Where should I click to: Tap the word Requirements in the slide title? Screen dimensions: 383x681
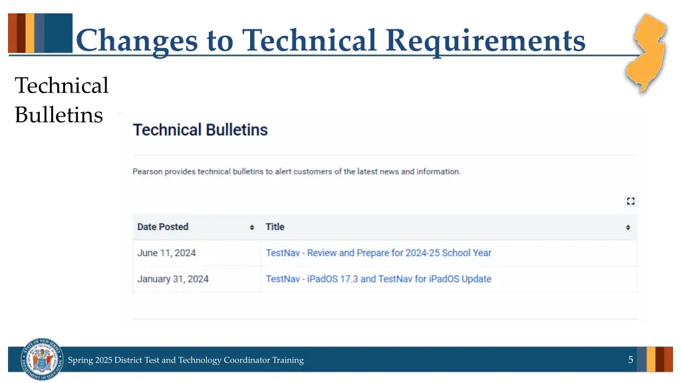coord(485,40)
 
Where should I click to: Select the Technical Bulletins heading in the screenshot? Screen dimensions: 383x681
coord(200,130)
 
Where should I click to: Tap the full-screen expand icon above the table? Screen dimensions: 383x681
coord(630,201)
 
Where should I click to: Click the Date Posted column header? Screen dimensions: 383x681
coord(163,227)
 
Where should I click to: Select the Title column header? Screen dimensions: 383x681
coord(275,227)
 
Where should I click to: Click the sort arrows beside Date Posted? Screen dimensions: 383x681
coord(252,227)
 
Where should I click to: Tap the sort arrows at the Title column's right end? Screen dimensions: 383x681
coord(628,227)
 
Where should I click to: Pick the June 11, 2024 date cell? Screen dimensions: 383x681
coord(166,253)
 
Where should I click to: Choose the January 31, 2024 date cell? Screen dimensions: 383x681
coord(173,279)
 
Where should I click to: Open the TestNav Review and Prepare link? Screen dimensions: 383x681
coord(378,253)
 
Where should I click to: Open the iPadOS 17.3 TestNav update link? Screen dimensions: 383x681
coord(378,279)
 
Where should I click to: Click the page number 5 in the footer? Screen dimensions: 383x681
coord(630,360)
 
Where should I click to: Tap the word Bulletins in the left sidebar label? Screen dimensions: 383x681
coord(59,115)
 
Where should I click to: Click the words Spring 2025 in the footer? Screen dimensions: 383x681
coord(90,360)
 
